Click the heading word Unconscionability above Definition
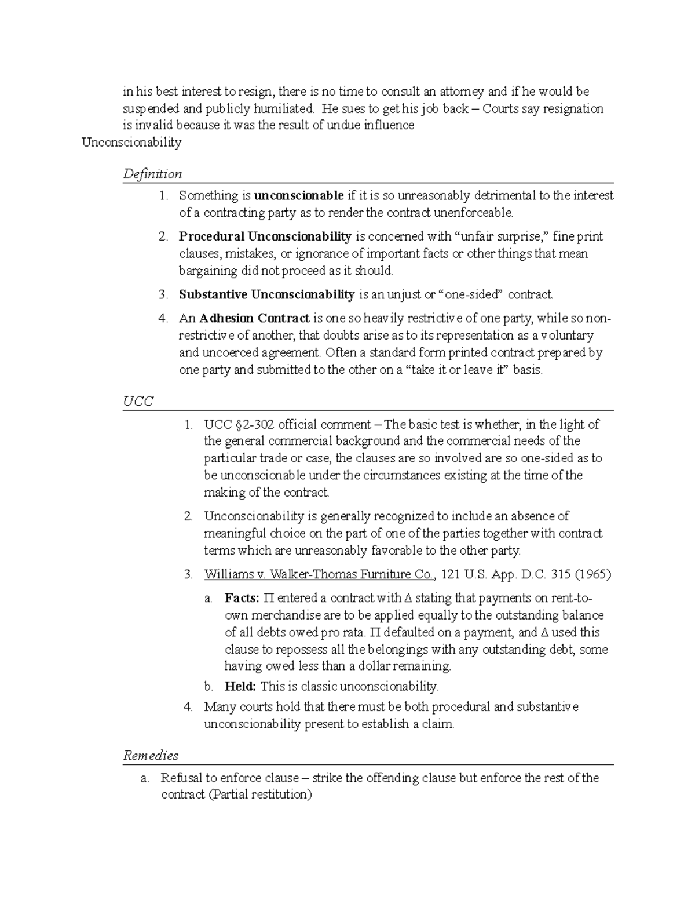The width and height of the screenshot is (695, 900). coord(131,143)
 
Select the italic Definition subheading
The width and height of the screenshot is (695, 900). coord(152,174)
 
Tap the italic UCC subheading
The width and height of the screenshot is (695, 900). coord(138,401)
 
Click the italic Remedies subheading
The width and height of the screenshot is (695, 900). coord(151,756)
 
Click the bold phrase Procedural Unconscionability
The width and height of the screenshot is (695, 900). coord(265,236)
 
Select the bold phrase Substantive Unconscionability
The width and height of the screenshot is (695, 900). coord(266,294)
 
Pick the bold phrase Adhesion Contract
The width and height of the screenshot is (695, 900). coord(254,318)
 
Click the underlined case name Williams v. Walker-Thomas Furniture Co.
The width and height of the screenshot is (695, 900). coord(319,575)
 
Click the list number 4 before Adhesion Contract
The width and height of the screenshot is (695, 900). coord(163,318)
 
